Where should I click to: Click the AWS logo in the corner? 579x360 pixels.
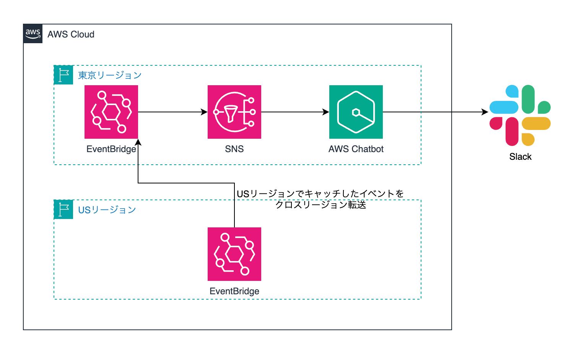pos(33,34)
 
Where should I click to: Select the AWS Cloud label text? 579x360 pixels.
pos(71,34)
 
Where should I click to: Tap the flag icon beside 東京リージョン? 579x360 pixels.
pos(63,75)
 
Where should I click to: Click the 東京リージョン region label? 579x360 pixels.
pos(110,75)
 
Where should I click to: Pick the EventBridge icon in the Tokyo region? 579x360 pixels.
pos(111,112)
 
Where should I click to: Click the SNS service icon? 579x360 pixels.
pos(234,112)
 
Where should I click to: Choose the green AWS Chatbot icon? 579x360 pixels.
pos(356,112)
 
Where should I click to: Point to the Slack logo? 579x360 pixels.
pos(520,115)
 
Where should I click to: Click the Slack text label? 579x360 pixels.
pos(520,157)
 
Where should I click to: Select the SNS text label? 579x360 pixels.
pos(234,149)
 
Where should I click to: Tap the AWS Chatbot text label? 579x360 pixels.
pos(356,149)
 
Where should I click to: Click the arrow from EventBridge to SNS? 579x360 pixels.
pos(172,112)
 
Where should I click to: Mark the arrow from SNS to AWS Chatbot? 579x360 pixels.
pos(294,112)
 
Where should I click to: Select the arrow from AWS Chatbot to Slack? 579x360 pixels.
pos(436,112)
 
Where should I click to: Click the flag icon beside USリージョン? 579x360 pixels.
pos(63,209)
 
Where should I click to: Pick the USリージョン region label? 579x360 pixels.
pos(107,210)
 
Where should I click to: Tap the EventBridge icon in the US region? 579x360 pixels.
pos(234,254)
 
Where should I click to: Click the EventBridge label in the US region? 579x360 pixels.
pos(234,291)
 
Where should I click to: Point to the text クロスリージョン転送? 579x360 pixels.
pos(321,205)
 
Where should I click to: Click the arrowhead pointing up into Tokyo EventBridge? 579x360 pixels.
pos(138,142)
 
